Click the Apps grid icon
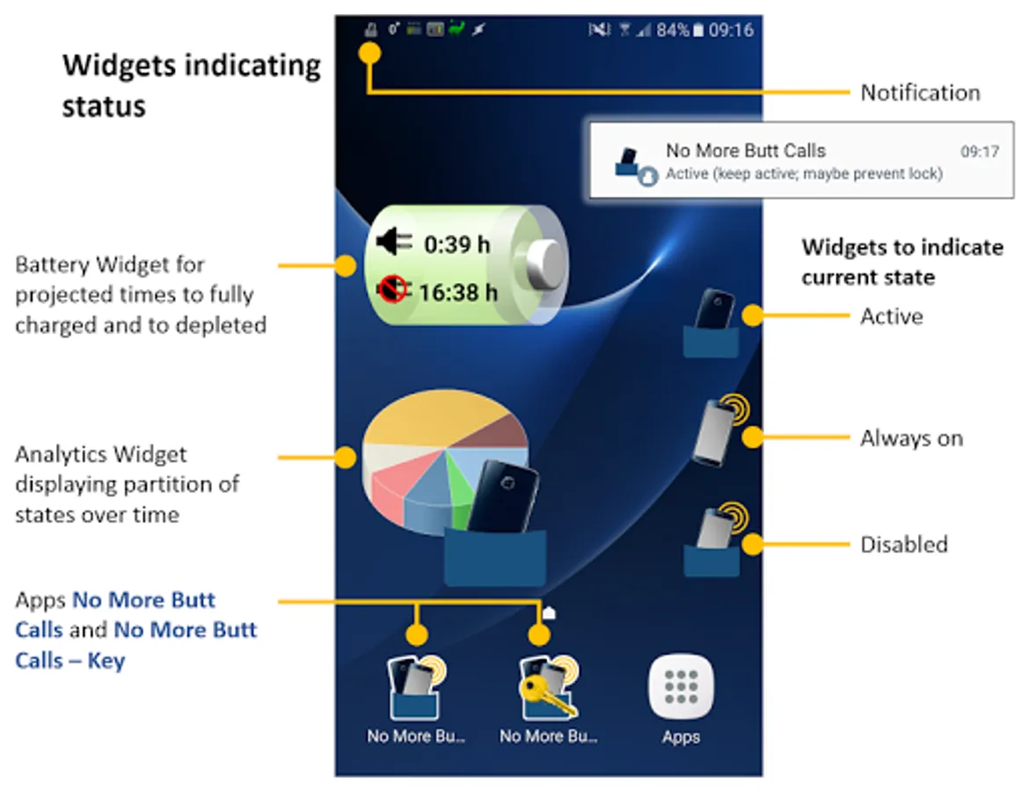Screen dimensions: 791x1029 pyautogui.click(x=681, y=686)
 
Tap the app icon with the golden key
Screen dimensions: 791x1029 pyautogui.click(x=548, y=688)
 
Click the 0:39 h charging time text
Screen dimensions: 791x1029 pyautogui.click(x=456, y=245)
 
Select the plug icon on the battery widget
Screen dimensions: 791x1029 pyautogui.click(x=393, y=241)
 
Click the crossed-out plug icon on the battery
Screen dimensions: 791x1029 pyautogui.click(x=393, y=287)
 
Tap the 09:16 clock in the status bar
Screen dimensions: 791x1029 pyautogui.click(x=731, y=30)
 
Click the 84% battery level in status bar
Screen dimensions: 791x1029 pyautogui.click(x=673, y=30)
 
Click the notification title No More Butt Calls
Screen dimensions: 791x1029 pyautogui.click(x=745, y=151)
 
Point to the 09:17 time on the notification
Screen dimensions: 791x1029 pyautogui.click(x=979, y=152)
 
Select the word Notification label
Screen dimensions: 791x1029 pyautogui.click(x=919, y=92)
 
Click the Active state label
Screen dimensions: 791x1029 pyautogui.click(x=891, y=316)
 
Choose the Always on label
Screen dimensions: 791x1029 pyautogui.click(x=911, y=438)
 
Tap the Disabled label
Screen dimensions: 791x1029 pyautogui.click(x=903, y=544)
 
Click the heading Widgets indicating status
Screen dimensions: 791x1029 pyautogui.click(x=191, y=85)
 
